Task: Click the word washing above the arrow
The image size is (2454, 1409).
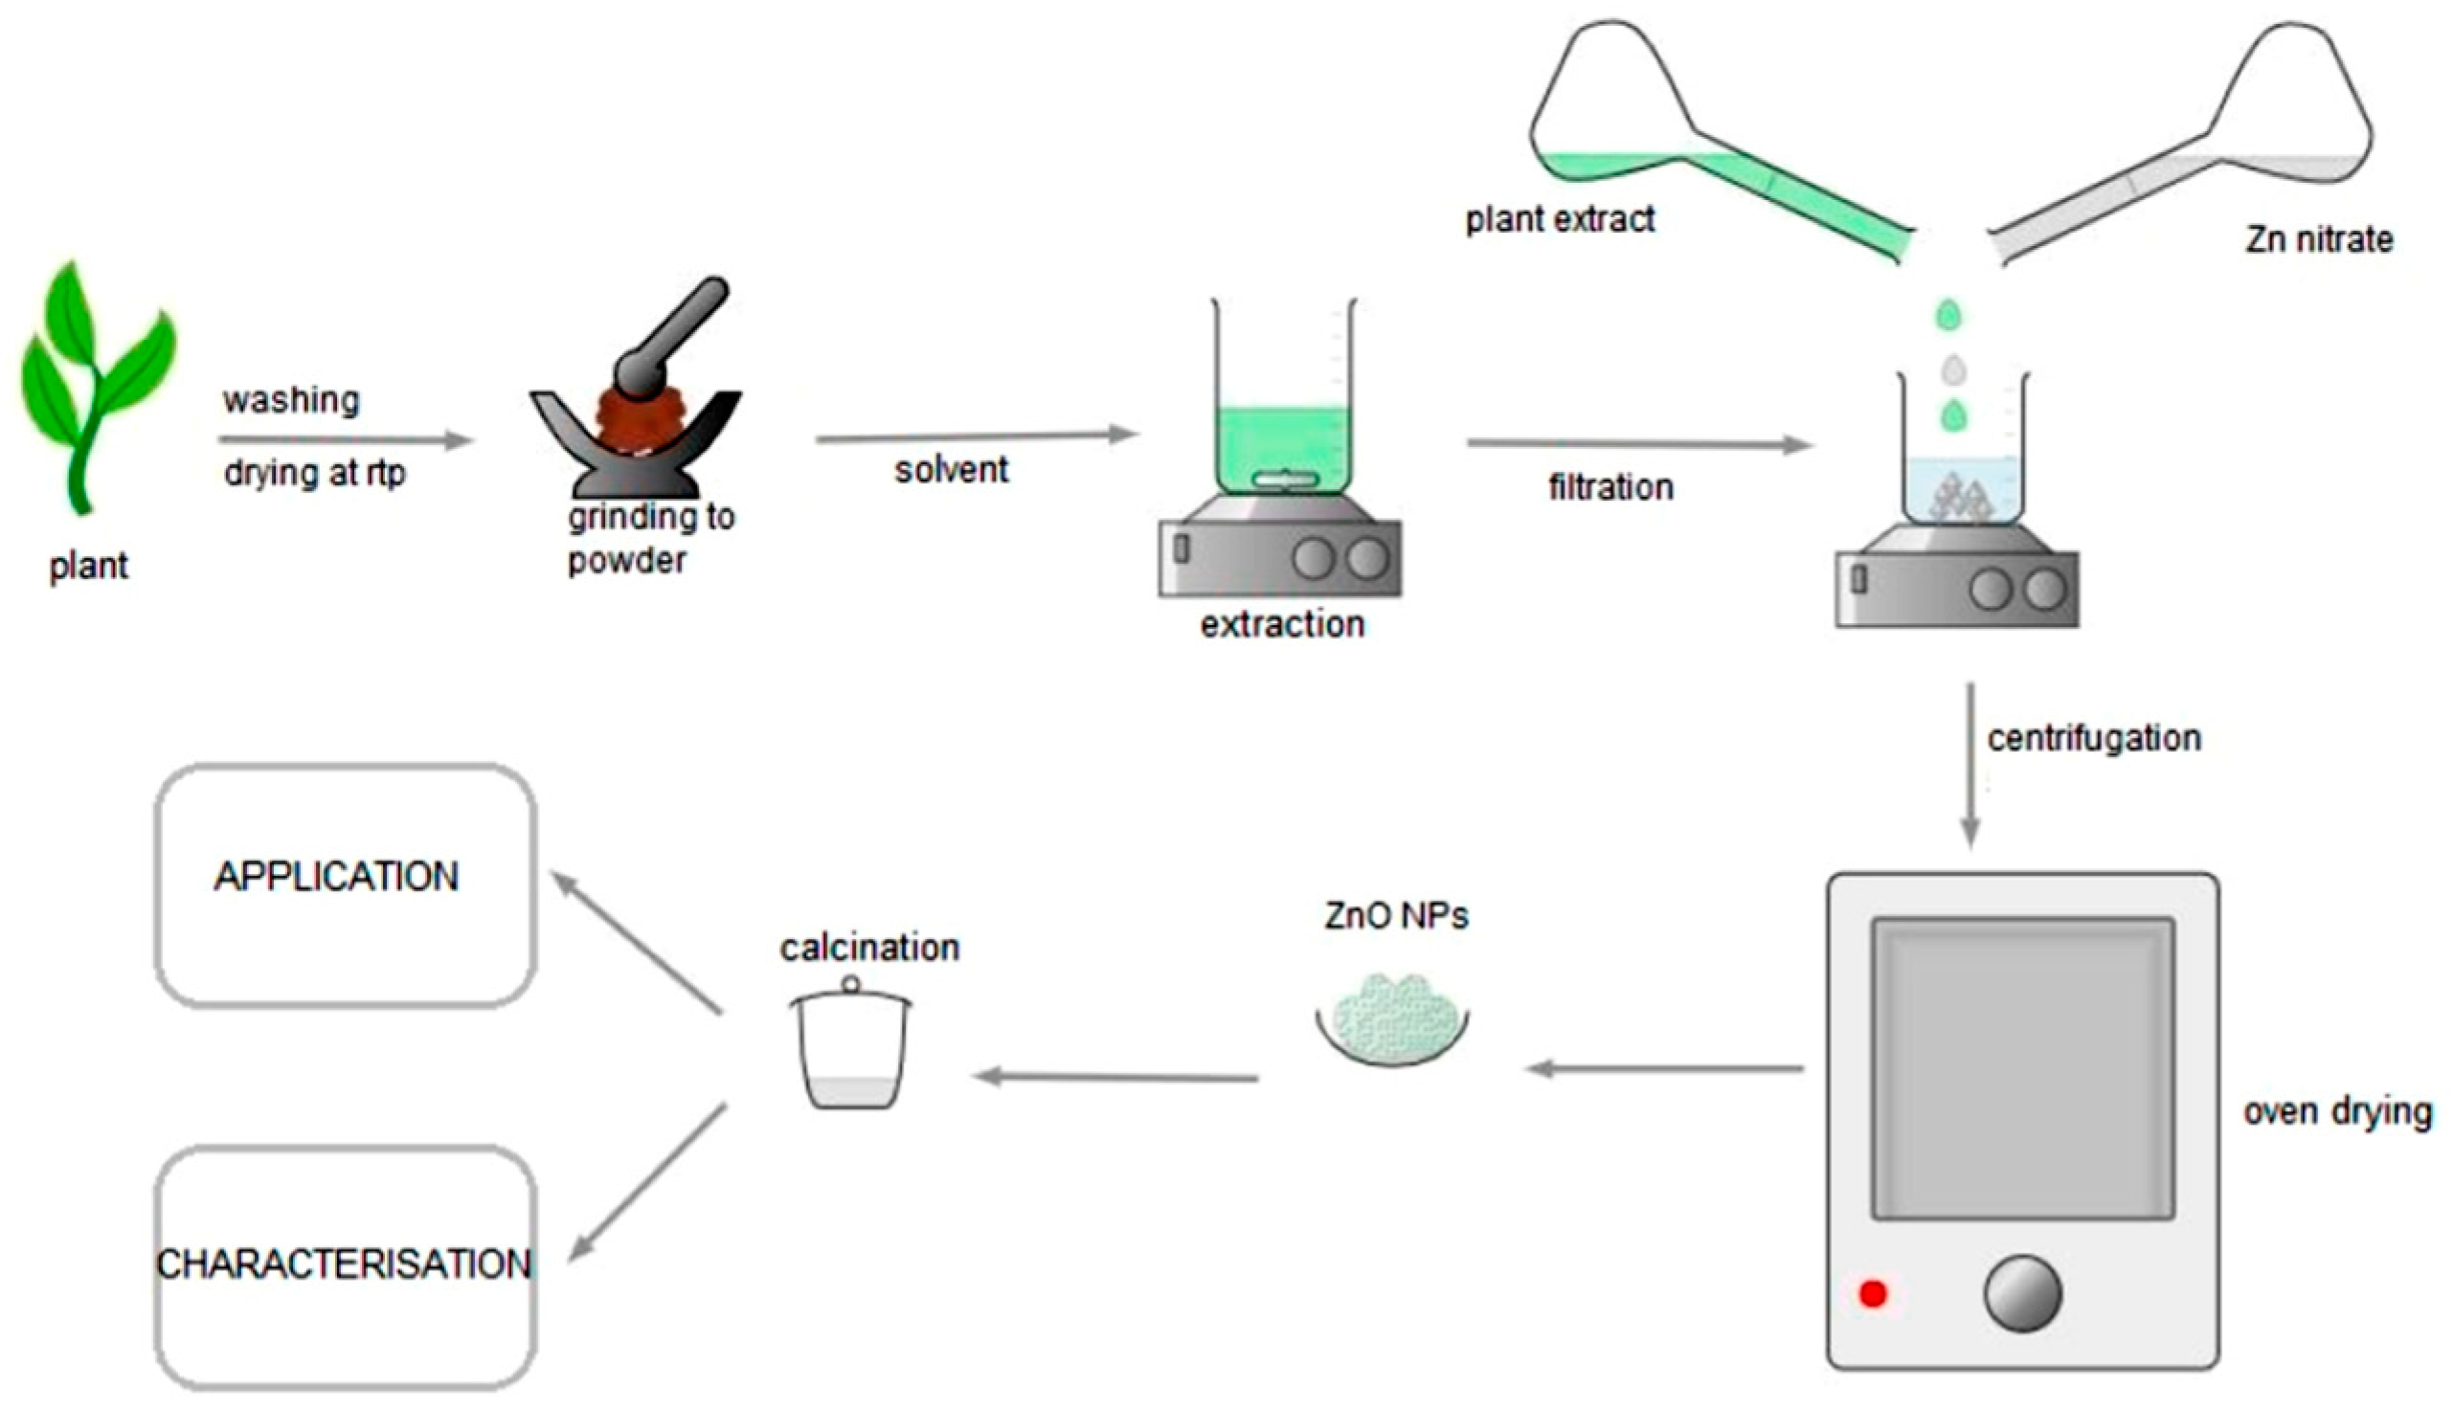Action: [290, 400]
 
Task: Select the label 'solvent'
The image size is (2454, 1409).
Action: [950, 470]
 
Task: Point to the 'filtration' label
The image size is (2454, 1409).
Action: [1610, 487]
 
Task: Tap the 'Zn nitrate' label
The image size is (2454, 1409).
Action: [2319, 239]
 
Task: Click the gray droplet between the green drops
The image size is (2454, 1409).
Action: [1953, 369]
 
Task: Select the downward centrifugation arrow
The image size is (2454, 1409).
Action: [1970, 765]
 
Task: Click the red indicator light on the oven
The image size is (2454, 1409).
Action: [1873, 1294]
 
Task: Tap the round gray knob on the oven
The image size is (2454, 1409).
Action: [2022, 1294]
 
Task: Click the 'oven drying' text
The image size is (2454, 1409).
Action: [2337, 1112]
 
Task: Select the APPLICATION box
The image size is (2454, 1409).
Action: [346, 885]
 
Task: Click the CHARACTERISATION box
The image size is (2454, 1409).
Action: [346, 1265]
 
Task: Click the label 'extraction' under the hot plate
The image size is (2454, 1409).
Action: [1282, 625]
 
